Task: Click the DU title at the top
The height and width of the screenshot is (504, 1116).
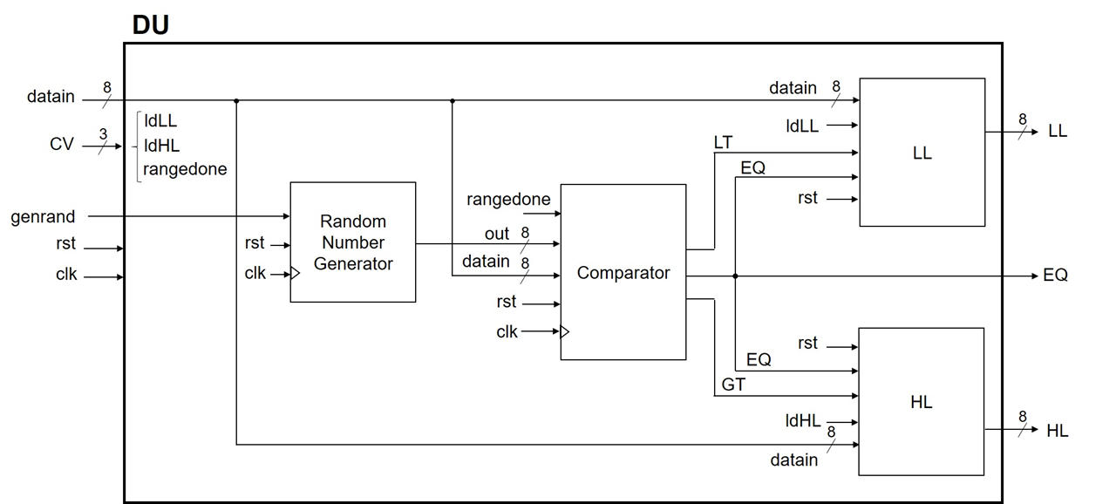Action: point(150,24)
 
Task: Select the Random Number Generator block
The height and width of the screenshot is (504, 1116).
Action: point(353,242)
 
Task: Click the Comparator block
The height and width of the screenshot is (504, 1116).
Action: point(623,273)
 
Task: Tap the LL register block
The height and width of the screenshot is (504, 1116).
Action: point(922,153)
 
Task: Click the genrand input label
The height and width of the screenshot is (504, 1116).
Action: point(43,216)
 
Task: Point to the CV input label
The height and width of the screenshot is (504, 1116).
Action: point(61,145)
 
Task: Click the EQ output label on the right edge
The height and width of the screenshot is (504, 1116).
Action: point(1055,276)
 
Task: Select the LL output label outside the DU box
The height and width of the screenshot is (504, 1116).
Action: point(1057,132)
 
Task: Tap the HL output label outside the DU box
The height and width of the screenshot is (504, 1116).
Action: point(1057,431)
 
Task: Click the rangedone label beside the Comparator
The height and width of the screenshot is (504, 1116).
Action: point(508,200)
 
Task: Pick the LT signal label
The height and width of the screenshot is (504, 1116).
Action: point(723,141)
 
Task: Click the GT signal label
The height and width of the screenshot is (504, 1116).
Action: point(733,384)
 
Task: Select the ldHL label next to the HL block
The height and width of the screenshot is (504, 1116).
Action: point(803,421)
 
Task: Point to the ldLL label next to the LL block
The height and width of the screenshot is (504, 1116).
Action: point(802,126)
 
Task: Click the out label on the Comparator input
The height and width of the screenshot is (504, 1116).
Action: point(497,234)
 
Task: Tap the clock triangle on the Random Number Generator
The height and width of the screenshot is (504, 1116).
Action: point(295,274)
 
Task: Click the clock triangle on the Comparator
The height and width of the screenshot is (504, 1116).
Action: point(565,331)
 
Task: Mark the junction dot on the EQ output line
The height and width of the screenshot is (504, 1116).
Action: point(736,276)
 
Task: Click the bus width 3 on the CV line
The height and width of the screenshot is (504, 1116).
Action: point(103,133)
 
